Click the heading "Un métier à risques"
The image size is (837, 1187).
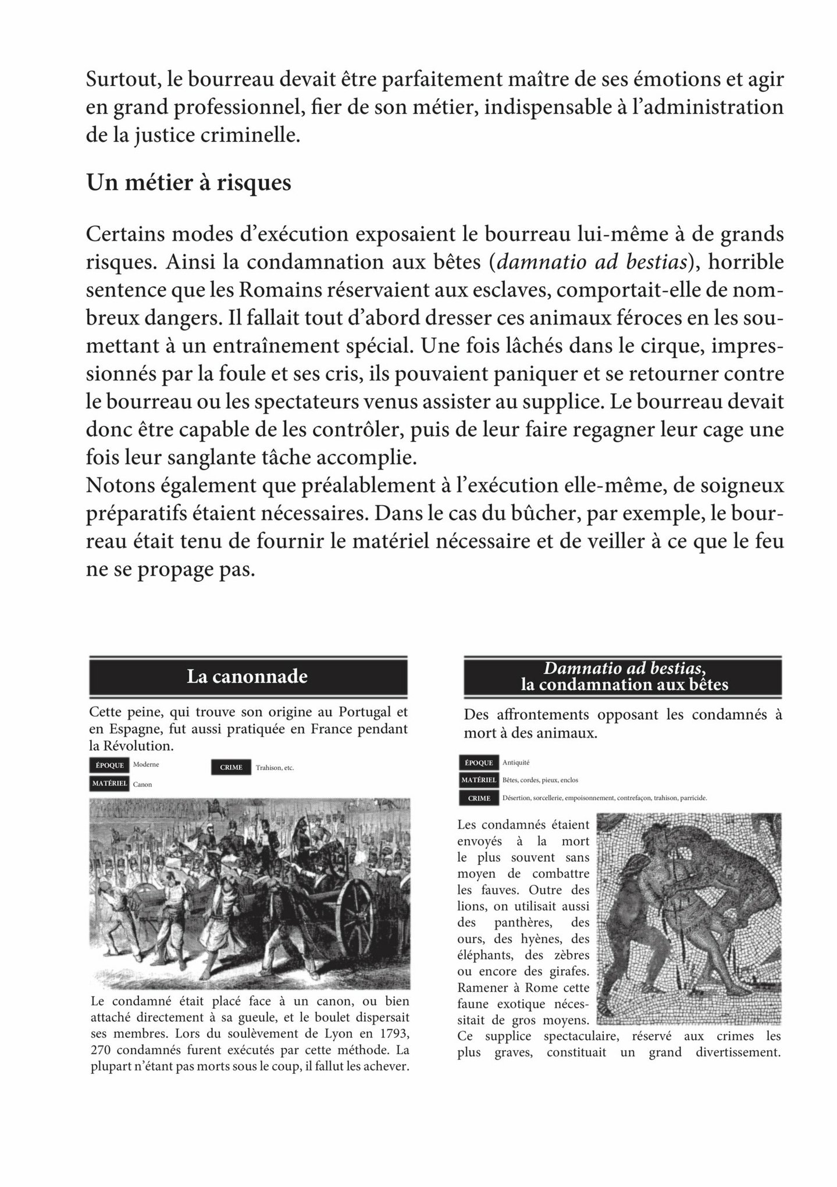tap(188, 183)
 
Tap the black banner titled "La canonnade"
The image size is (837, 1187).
tap(247, 676)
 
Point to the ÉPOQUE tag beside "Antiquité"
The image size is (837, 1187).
tap(479, 763)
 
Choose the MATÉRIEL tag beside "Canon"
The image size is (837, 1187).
tap(109, 783)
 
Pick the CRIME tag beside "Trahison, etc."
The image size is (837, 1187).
tap(231, 767)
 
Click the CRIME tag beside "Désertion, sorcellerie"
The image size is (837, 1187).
tap(479, 798)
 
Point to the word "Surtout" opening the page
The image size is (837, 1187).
tap(120, 80)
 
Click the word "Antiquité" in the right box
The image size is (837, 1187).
tap(516, 762)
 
